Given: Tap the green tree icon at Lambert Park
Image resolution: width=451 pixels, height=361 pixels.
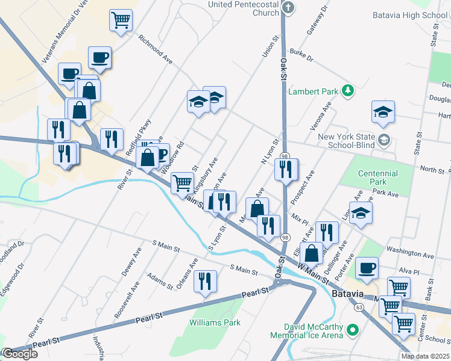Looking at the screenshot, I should (347, 91).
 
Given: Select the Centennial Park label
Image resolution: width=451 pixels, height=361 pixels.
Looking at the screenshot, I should (378, 177).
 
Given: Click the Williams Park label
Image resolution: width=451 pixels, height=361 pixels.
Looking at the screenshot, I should (215, 322).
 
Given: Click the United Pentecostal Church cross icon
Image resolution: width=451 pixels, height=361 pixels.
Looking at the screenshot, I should (288, 8).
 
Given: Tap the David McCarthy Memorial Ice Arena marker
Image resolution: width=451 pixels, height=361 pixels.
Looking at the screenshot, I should (354, 330).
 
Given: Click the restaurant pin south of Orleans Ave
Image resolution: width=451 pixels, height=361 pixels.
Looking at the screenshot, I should (206, 280).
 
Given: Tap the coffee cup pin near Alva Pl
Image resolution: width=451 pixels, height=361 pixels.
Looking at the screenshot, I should (367, 268).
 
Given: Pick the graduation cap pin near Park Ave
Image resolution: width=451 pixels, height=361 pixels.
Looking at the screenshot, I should (361, 214).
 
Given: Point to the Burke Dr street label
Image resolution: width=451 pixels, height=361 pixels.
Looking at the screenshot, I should (301, 55).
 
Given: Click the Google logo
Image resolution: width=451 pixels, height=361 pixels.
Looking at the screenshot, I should (20, 354).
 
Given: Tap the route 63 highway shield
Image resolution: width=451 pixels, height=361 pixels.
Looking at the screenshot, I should (359, 307).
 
